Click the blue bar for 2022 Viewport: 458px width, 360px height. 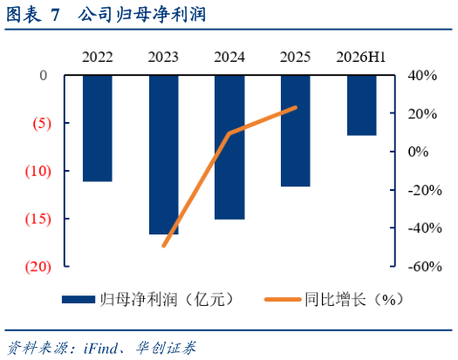click(x=98, y=128)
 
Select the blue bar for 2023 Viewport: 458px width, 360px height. click(x=164, y=155)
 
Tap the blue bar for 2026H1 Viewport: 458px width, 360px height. click(x=362, y=105)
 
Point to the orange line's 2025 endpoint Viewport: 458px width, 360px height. click(x=296, y=108)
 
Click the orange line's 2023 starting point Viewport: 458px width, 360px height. click(x=164, y=246)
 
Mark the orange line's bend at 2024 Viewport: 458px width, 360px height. click(x=229, y=133)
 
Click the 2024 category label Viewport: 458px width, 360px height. click(x=229, y=57)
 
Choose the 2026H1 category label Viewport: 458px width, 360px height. click(x=361, y=57)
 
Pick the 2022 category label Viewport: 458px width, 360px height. click(x=97, y=57)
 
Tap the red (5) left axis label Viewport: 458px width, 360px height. click(x=42, y=124)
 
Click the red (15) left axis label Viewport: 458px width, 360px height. click(x=38, y=219)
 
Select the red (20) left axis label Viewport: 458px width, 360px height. click(x=38, y=267)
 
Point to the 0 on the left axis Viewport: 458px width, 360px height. click(x=44, y=76)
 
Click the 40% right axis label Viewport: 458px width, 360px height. click(x=422, y=76)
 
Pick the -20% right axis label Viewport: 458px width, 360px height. click(x=425, y=191)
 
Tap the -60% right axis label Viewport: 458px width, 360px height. click(x=425, y=267)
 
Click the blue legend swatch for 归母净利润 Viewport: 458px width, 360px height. click(x=79, y=300)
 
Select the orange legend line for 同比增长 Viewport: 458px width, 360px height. click(x=283, y=300)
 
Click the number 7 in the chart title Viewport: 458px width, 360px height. click(x=55, y=15)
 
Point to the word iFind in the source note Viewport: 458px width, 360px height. click(x=100, y=348)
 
